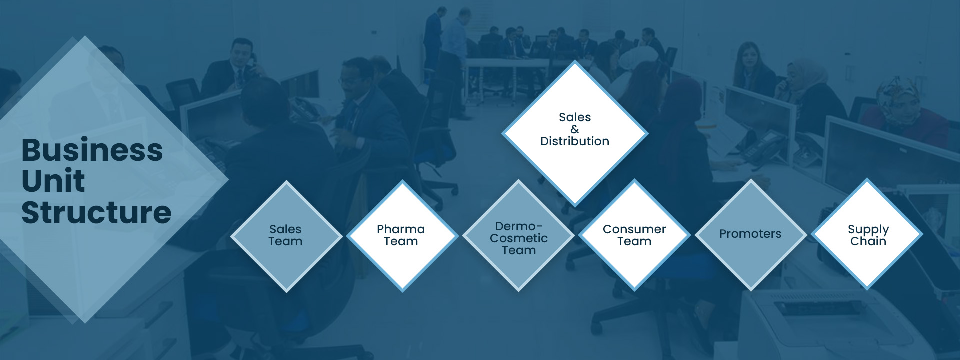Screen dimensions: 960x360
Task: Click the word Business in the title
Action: [x=92, y=150]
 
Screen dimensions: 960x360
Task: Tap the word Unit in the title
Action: [x=53, y=181]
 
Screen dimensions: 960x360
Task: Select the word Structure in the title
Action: [x=97, y=212]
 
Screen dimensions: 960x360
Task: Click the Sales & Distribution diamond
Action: [x=575, y=133]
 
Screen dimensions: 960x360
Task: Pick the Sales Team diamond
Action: [x=286, y=236]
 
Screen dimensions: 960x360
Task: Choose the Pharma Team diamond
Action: [x=402, y=236]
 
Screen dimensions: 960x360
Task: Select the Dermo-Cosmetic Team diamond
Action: [x=519, y=235]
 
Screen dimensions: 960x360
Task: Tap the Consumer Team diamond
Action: [x=635, y=235]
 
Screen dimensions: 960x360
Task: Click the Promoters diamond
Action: [x=751, y=234]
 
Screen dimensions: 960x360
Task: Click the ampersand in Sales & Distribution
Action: [x=575, y=129]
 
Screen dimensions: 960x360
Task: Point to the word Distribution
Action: [x=575, y=141]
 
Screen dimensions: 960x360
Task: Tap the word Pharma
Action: [x=401, y=229]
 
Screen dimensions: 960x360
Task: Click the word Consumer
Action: [x=634, y=229]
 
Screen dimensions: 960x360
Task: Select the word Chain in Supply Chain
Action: [x=868, y=241]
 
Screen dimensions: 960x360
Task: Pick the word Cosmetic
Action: [x=519, y=238]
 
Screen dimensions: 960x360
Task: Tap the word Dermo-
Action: [x=519, y=226]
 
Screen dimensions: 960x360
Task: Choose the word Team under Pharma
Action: [x=401, y=241]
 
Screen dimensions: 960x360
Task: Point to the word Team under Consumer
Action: [x=634, y=241]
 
